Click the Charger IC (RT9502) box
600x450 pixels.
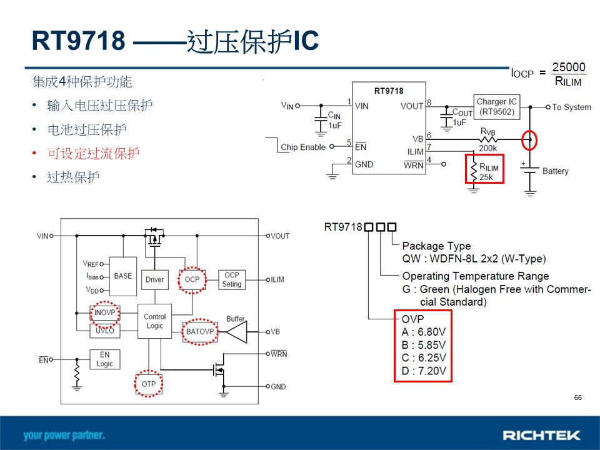497,107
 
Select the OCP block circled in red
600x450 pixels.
192,280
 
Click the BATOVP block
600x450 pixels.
200,331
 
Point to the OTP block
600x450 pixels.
149,384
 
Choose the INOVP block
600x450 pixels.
105,312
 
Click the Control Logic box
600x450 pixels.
154,321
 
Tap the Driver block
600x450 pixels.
154,280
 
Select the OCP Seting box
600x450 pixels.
232,280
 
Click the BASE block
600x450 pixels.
123,276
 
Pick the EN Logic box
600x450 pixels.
105,359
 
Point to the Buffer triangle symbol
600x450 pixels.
236,332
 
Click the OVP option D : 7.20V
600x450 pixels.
424,371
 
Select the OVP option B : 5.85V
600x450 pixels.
424,345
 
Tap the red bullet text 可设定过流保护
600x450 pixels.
93,154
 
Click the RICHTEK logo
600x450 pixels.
541,436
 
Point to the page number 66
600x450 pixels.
577,397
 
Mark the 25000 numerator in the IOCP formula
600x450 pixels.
569,67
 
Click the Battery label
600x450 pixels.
555,171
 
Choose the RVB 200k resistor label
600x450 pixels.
488,140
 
